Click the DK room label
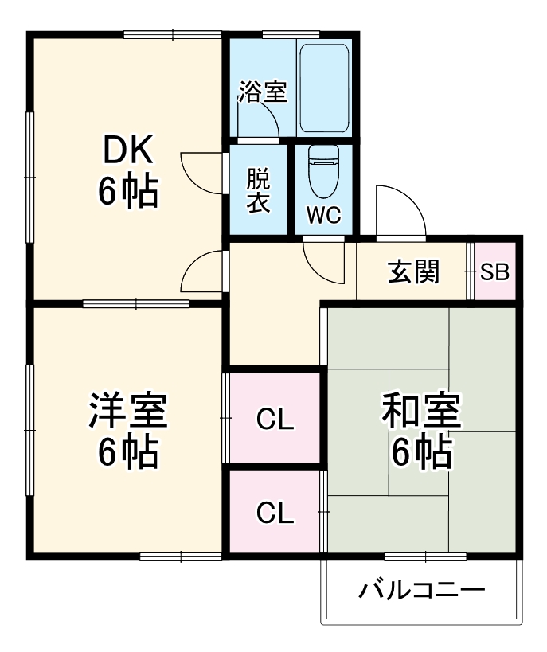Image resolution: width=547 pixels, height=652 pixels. (127, 149)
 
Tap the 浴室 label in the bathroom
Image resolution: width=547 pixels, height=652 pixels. (262, 91)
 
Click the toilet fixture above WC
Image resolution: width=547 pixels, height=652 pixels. (324, 171)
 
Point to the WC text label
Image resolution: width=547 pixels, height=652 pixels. (324, 216)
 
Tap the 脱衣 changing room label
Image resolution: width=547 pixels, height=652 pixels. (257, 189)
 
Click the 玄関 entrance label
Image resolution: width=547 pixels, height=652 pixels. (414, 272)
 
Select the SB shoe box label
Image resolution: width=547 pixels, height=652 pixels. (495, 272)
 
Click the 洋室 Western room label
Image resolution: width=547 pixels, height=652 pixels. (127, 412)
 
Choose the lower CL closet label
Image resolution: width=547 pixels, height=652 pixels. (275, 513)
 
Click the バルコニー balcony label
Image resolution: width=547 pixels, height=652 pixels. (421, 590)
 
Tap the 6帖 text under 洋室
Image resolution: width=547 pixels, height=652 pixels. (127, 453)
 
